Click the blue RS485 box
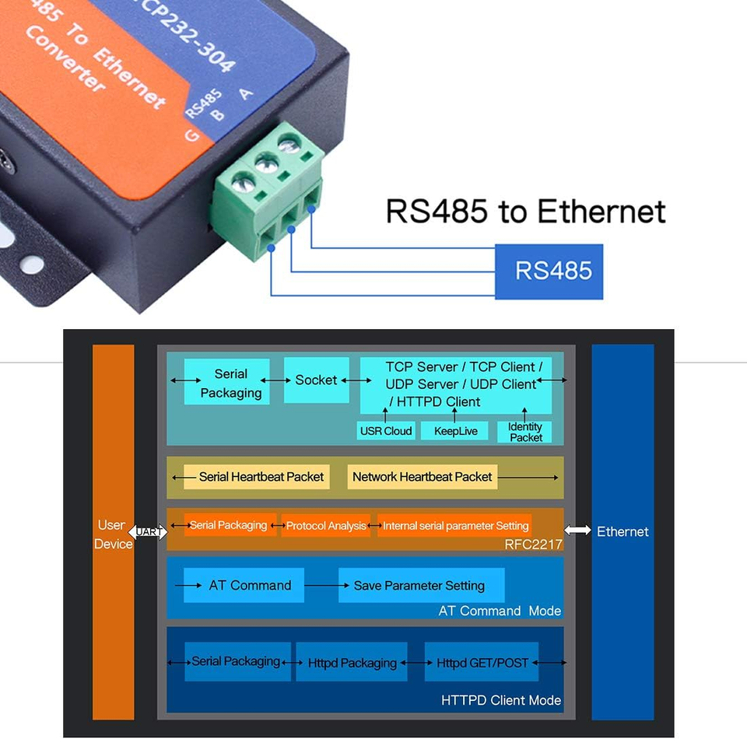pos(549,271)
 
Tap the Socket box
pos(317,380)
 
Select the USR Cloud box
pos(386,431)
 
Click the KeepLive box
pos(454,431)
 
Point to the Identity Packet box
pos(524,432)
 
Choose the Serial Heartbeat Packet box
pos(257,477)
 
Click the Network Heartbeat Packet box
pos(423,477)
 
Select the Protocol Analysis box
pos(326,526)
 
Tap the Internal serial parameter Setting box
pos(454,526)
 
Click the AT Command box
pos(244,585)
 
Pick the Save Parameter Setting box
pos(422,585)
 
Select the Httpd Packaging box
pos(352,662)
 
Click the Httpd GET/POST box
pos(482,662)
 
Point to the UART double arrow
pos(148,531)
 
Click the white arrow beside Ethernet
pos(577,530)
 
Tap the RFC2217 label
pos(534,545)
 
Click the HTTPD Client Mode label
pos(501,700)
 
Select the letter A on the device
pos(246,94)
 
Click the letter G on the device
pos(191,136)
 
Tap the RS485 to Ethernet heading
pos(525,211)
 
